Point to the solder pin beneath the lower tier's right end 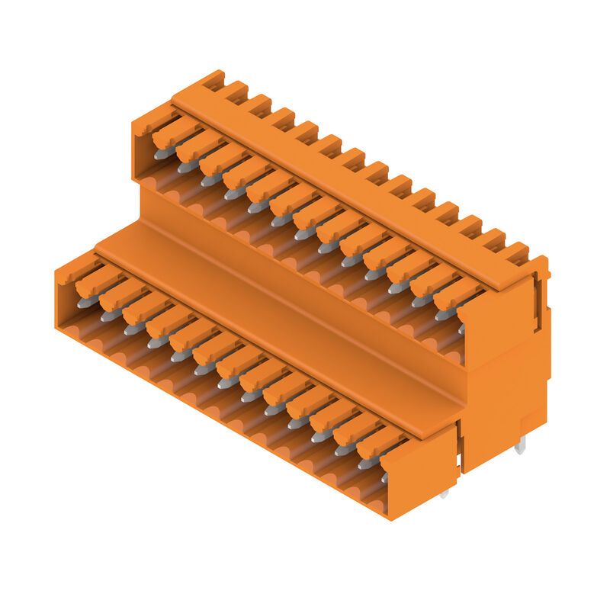pyautogui.click(x=445, y=493)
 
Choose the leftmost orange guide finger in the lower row pyautogui.click(x=98, y=281)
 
